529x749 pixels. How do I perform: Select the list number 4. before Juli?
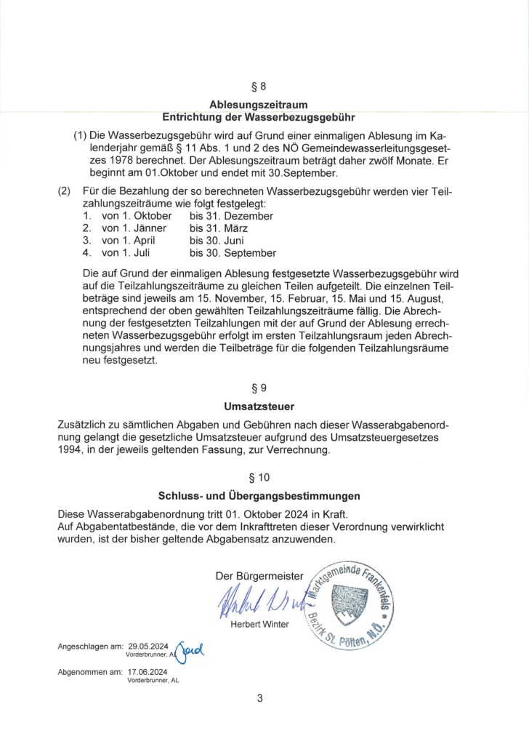tap(86, 253)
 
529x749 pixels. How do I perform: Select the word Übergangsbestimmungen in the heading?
tap(304, 497)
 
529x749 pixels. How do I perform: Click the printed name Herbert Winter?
tap(259, 625)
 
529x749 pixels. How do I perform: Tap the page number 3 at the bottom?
tap(259, 700)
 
